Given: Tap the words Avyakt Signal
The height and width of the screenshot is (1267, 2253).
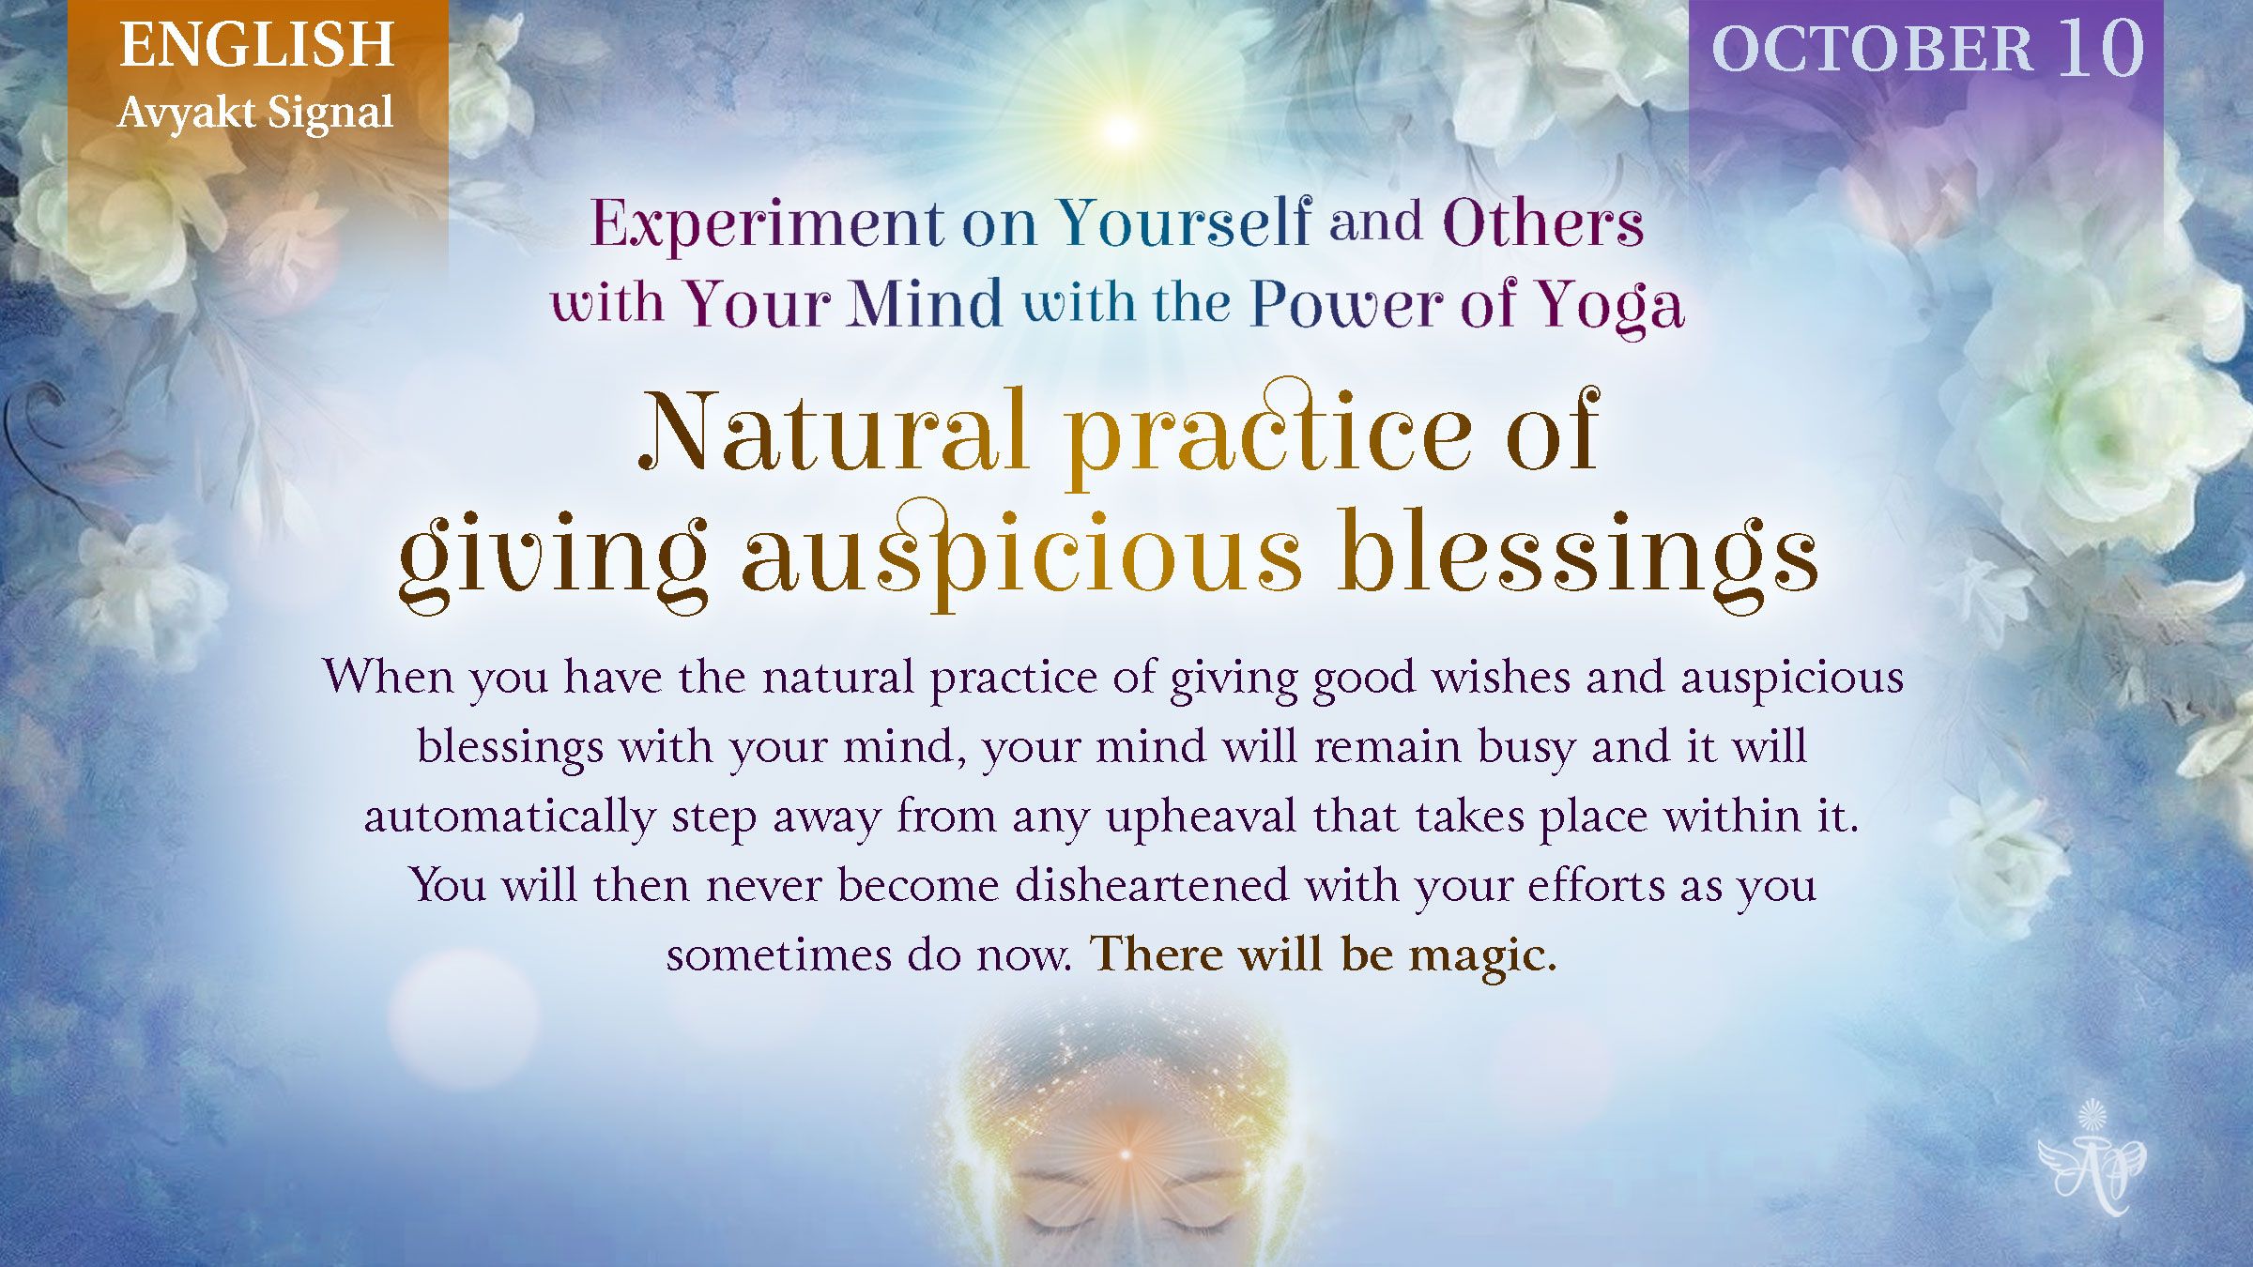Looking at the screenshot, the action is point(255,114).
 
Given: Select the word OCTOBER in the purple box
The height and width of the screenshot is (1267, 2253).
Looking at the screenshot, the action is point(1872,48).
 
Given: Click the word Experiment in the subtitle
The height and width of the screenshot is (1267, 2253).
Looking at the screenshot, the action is point(767,224).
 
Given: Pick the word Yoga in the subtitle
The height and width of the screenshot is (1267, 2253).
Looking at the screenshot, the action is point(1609,305).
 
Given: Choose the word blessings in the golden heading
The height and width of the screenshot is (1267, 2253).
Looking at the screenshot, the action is point(1579,557).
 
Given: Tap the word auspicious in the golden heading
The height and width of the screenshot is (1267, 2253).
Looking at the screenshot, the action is point(1021,557).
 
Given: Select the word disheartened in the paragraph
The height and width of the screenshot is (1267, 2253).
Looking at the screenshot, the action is point(1152,885).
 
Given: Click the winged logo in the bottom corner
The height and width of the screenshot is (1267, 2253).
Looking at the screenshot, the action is point(2092,1160).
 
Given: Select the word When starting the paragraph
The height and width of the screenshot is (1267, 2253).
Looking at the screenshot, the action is point(389,677).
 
